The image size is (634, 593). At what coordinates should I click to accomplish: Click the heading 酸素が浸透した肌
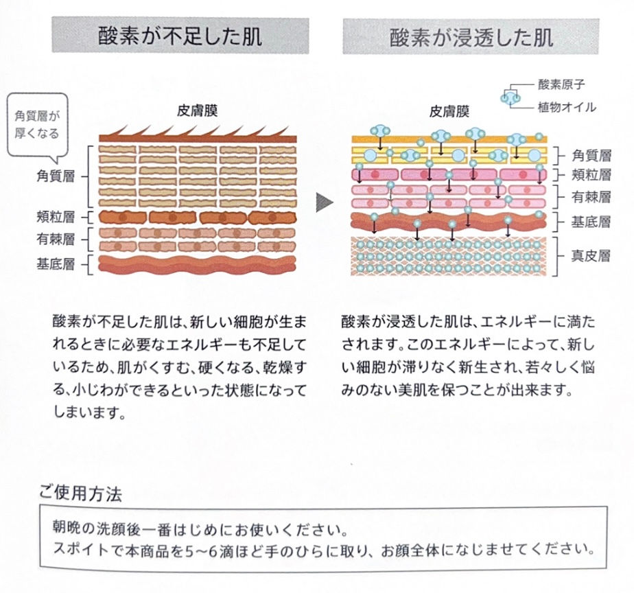pos(471,36)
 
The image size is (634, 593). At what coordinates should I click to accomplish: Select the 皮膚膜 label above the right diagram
pos(449,111)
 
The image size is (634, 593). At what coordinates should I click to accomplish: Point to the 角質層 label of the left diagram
pos(58,175)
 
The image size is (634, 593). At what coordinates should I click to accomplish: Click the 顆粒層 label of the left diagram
pos(58,218)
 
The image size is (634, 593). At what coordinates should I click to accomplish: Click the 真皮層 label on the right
pos(591,256)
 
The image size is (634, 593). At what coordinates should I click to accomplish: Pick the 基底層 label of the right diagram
pos(591,222)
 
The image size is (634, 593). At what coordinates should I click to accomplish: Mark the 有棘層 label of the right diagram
pos(591,198)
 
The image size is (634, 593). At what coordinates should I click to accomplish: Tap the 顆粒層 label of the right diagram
pos(591,174)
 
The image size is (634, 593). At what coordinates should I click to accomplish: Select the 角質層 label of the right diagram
pos(591,155)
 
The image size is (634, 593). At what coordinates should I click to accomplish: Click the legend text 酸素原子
pos(562,86)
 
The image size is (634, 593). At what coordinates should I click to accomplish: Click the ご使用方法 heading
pos(80,493)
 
